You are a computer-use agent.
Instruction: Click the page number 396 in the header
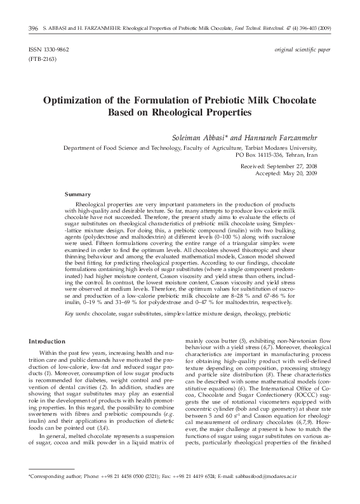[x=33, y=29]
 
